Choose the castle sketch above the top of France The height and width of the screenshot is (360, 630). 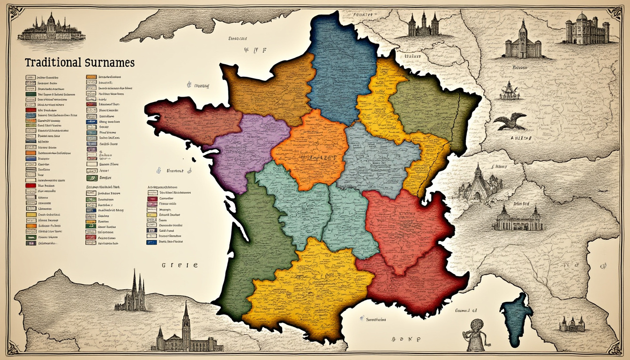(x=423, y=26)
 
